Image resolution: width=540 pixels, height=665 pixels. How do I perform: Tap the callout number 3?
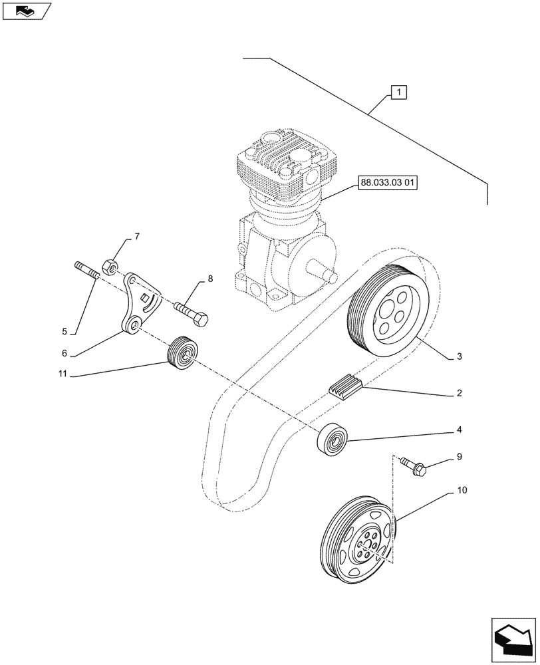(x=460, y=357)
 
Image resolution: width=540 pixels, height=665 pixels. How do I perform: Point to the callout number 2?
(x=460, y=394)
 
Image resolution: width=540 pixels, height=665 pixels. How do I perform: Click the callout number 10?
(x=462, y=491)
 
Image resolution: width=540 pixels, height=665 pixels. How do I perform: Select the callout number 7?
(x=137, y=237)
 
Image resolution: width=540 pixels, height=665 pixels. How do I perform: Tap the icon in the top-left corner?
(x=26, y=11)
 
